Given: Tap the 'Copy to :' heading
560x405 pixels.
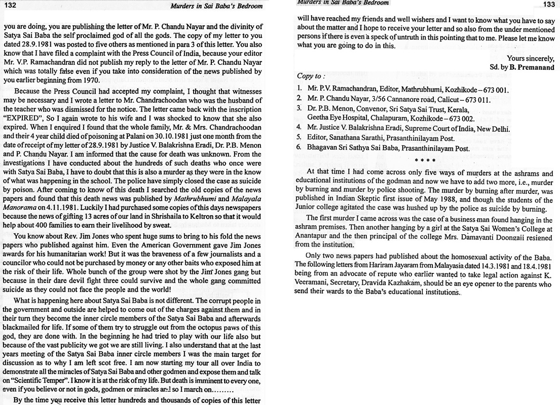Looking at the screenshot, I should point(311,76).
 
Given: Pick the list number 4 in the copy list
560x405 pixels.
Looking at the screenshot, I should point(300,128).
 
